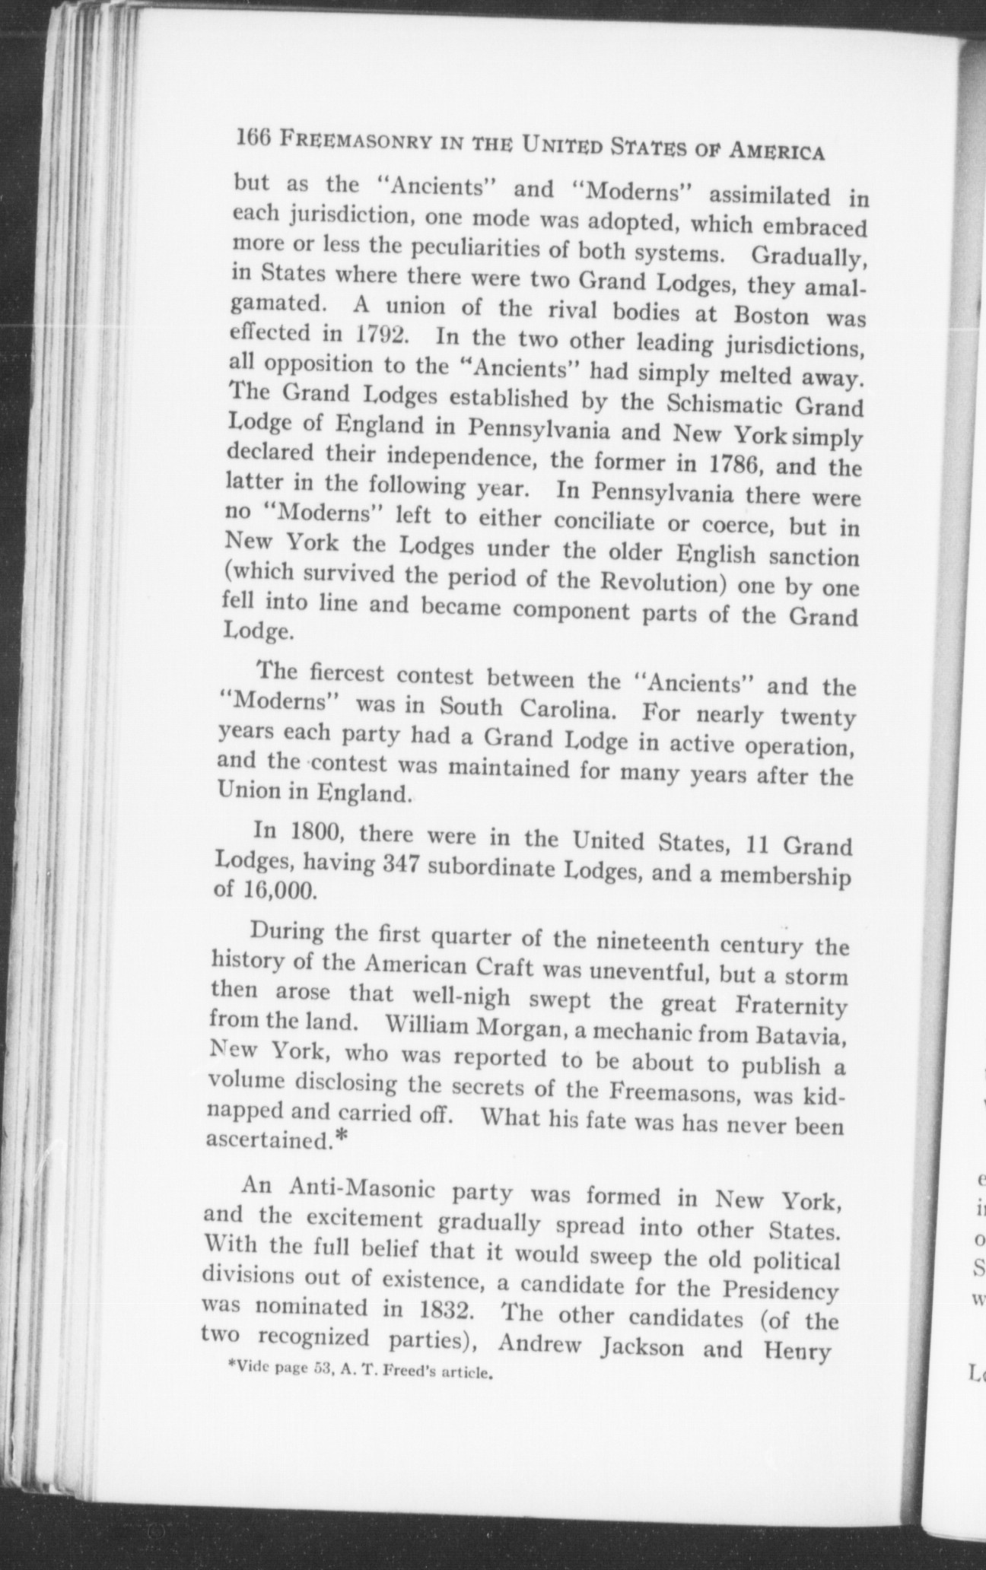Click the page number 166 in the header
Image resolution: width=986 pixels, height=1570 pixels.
(253, 138)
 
